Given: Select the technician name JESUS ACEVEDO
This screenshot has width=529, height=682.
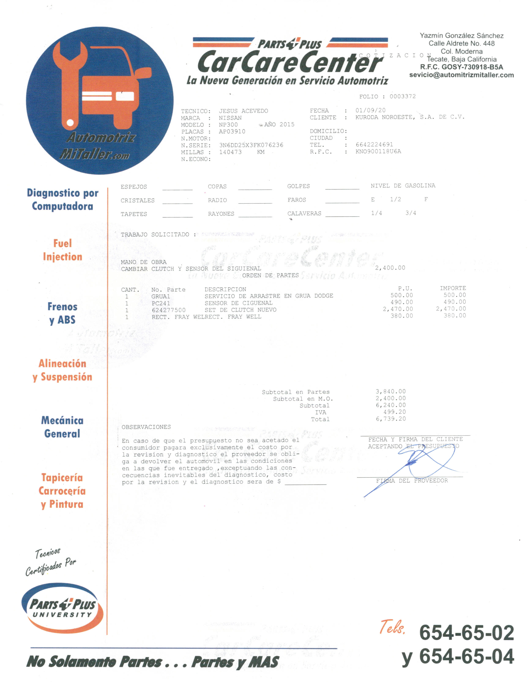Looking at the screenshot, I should click(243, 111).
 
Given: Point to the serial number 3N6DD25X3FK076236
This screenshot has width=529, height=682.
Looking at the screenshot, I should click(251, 145).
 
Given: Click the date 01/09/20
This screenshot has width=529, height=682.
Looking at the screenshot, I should click(370, 110).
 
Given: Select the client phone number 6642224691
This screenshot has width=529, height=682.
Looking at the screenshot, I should click(374, 145).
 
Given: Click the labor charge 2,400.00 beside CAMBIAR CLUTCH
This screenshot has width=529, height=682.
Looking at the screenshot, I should click(390, 268).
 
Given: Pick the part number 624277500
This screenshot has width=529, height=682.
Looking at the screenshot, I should click(168, 310).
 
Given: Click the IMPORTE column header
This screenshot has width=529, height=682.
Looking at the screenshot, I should click(453, 288).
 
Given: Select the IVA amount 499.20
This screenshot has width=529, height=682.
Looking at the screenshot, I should click(394, 412).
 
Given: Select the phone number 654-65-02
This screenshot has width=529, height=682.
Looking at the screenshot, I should click(466, 633).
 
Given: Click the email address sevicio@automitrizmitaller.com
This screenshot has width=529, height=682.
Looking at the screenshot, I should click(462, 75).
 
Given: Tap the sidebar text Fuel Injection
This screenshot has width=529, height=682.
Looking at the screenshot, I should click(63, 250).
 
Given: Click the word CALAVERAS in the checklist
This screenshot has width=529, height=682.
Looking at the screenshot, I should click(304, 214).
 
